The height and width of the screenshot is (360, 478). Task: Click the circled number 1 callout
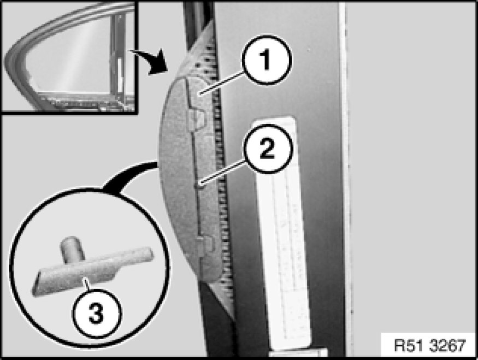[267, 60]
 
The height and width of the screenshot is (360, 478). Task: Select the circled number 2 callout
[267, 149]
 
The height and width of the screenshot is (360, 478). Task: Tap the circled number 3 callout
[96, 314]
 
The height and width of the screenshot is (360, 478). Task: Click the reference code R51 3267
[430, 345]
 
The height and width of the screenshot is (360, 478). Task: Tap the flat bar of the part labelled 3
[91, 272]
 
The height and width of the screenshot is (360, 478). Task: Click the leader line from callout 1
[221, 82]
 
